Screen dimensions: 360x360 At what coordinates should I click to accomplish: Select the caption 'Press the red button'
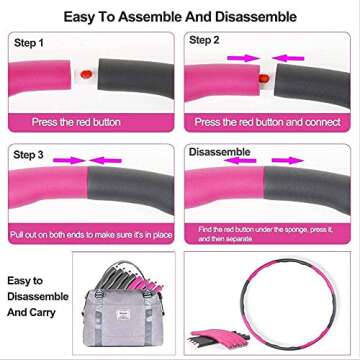pos(89,122)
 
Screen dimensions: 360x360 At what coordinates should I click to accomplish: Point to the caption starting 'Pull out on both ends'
pos(89,233)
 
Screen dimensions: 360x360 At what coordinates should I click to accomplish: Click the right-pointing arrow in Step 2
pos(240,58)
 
